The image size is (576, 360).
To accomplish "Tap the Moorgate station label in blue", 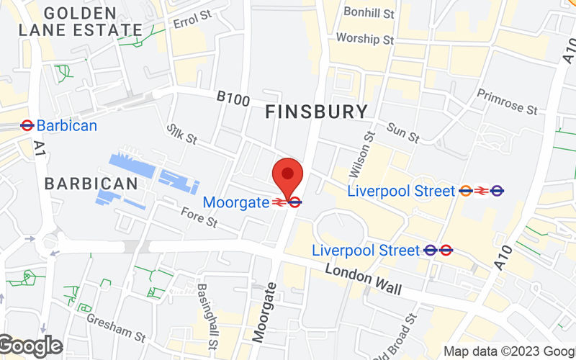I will [235, 202].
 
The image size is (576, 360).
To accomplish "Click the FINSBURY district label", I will [316, 112].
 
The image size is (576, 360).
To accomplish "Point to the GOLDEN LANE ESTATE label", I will [80, 22].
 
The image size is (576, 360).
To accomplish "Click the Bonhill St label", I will [369, 13].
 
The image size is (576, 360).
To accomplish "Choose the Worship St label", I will [366, 39].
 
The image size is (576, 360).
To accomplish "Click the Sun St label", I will [402, 132].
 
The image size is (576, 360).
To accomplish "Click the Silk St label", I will [181, 132].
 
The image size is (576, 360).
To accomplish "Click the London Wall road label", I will [362, 279].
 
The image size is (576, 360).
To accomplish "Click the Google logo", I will [30, 346].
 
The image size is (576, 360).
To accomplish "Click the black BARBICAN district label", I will [91, 183].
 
